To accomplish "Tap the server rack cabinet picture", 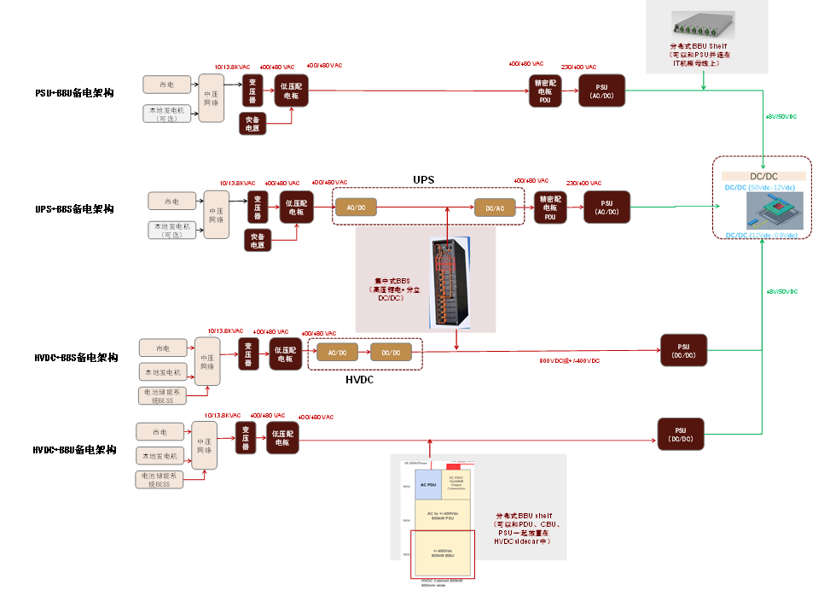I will click(x=450, y=283).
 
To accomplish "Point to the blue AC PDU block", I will click(x=428, y=484).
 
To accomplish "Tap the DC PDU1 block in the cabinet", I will click(x=456, y=482).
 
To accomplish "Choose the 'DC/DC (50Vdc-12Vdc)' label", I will click(x=759, y=187).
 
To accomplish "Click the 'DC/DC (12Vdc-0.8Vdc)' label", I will click(x=761, y=235).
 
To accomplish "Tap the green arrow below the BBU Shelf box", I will click(x=704, y=83).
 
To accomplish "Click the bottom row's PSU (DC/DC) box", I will click(x=680, y=435).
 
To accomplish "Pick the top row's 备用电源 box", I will click(x=252, y=124).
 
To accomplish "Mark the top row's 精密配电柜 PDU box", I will click(x=544, y=91).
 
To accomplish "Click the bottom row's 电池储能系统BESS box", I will click(x=160, y=479).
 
